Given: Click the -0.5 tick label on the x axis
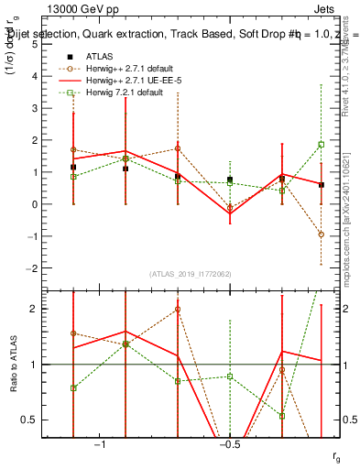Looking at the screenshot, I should pos(228,444).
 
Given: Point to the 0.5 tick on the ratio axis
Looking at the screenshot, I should pos(56,420).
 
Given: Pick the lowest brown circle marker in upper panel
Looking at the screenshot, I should pos(322,234).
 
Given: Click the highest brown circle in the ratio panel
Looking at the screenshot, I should pos(178,309).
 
